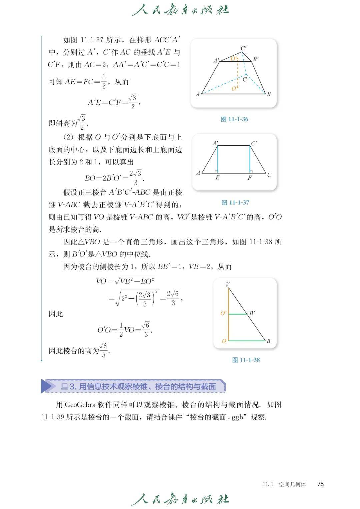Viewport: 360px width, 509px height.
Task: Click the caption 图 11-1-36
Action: click(x=234, y=119)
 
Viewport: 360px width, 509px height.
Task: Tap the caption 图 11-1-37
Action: click(x=235, y=203)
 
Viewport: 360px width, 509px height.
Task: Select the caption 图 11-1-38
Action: click(x=246, y=360)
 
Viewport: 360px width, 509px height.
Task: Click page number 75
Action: click(x=320, y=484)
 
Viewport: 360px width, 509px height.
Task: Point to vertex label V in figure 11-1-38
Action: click(x=228, y=284)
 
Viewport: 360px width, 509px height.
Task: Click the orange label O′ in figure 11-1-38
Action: click(x=223, y=313)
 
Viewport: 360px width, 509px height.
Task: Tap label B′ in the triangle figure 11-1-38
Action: click(x=252, y=313)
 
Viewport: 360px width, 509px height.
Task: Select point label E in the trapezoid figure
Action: click(x=217, y=178)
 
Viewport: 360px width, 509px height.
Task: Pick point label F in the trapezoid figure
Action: click(x=250, y=178)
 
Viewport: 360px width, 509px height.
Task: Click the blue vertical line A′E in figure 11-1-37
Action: click(x=217, y=159)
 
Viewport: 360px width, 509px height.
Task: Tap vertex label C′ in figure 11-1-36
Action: click(x=244, y=49)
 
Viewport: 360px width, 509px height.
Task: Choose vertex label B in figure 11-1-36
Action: click(x=269, y=94)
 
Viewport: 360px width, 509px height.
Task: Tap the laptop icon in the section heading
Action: click(x=64, y=387)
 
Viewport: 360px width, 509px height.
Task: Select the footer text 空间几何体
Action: click(x=292, y=484)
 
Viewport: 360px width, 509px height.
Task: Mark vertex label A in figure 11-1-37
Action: click(x=198, y=173)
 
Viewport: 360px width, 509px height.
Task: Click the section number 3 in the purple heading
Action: click(x=72, y=387)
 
